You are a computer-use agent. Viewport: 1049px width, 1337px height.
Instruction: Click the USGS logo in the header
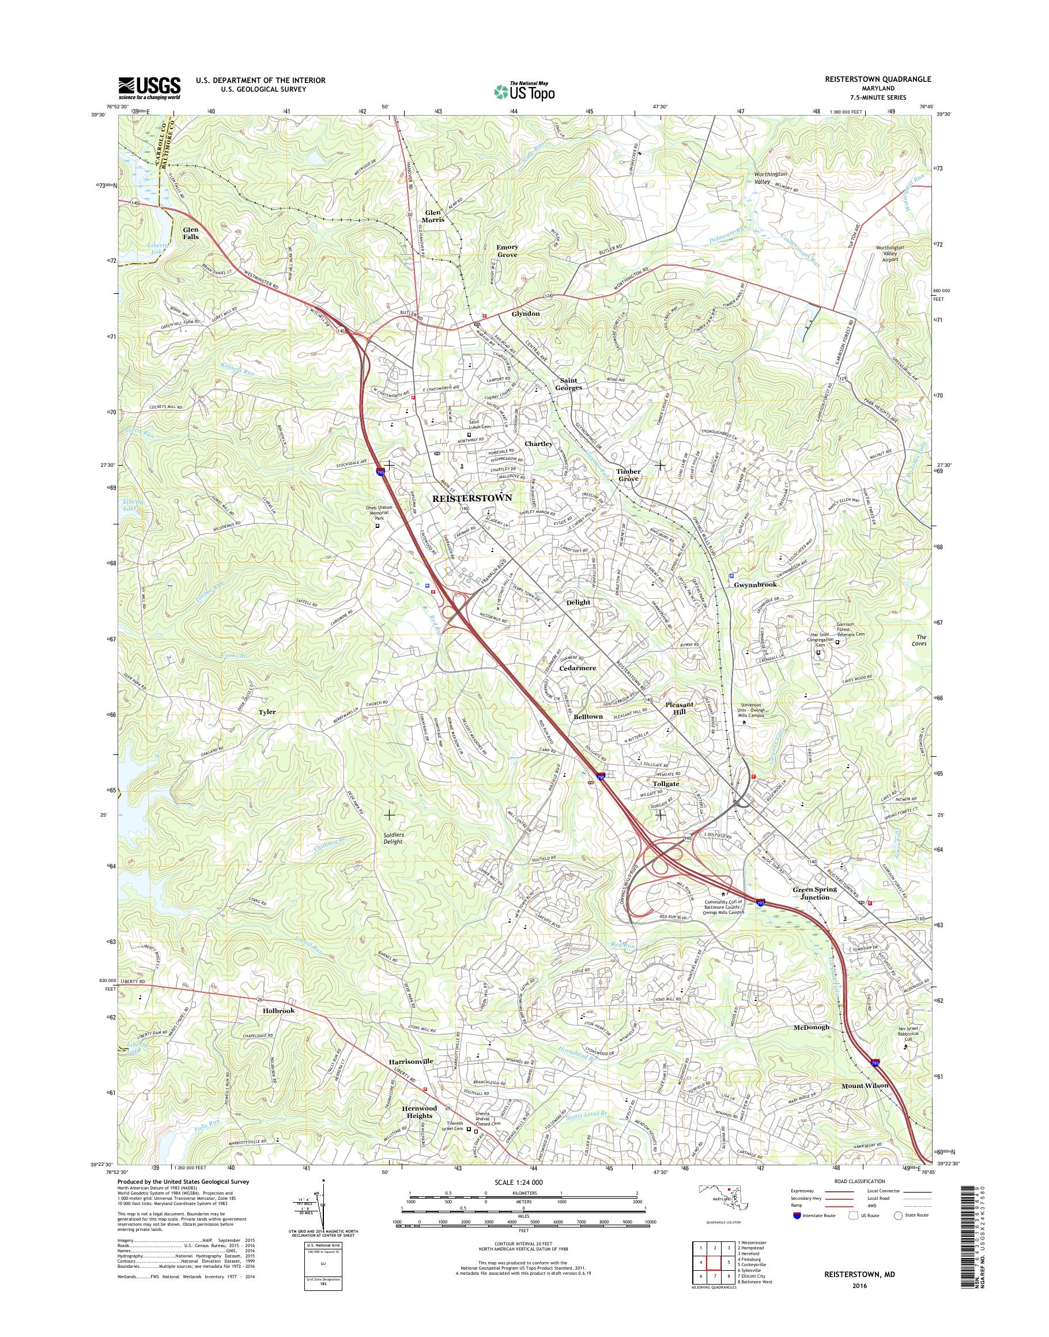tap(149, 87)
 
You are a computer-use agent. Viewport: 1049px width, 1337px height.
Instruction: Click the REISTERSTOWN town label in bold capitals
tap(471, 498)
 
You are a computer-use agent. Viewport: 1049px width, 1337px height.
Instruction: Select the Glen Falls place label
tap(190, 233)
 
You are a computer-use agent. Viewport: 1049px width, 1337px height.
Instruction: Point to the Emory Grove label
tap(507, 251)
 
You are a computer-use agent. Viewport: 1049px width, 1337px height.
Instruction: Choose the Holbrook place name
tap(280, 1010)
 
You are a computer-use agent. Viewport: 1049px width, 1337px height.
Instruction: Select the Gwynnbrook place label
tap(755, 585)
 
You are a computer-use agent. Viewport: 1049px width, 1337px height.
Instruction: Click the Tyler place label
tap(267, 712)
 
